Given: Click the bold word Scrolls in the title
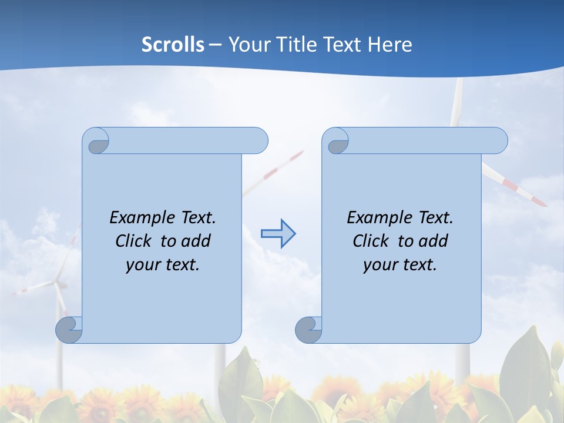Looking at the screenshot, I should (x=173, y=45).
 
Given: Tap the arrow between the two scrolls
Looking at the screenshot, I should (x=278, y=234).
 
